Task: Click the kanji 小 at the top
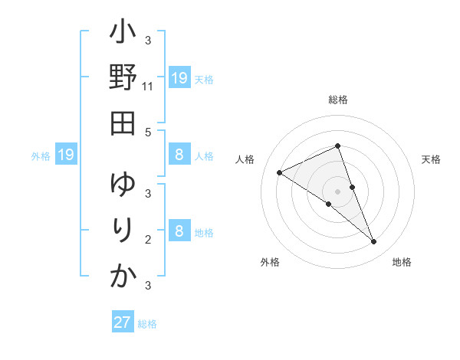[x=123, y=35]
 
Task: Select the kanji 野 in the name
[x=123, y=78]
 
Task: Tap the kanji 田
[x=123, y=123]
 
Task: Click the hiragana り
[x=123, y=231]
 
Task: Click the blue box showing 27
[x=123, y=322]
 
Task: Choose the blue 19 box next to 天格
[x=179, y=77]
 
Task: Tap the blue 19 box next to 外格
[x=66, y=155]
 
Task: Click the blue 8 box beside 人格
[x=179, y=155]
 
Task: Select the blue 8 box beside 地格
[x=179, y=231]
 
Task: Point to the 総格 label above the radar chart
[x=337, y=100]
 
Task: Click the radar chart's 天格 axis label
[x=431, y=159]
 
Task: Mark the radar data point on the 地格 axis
[x=374, y=242]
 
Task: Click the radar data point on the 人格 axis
[x=280, y=172]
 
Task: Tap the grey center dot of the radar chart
[x=337, y=191]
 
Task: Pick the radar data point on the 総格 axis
[x=337, y=146]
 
